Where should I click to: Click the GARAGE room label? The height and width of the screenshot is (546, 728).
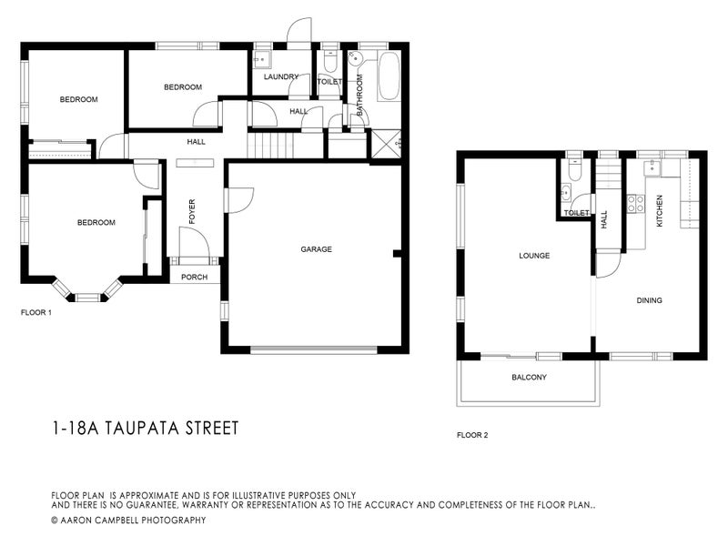(x=316, y=249)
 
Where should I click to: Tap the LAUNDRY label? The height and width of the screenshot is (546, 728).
(x=281, y=77)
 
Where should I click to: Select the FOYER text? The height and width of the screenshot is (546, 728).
(x=192, y=211)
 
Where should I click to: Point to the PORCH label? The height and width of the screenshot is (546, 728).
(x=193, y=278)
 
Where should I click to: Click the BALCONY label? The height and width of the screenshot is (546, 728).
(x=529, y=378)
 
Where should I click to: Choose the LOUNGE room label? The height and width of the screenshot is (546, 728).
(x=534, y=256)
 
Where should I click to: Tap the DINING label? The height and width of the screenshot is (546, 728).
(x=649, y=300)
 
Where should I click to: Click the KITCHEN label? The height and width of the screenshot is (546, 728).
(x=660, y=211)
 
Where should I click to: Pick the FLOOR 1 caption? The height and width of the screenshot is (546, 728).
(x=36, y=312)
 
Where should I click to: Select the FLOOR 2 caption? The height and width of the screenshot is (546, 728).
(x=472, y=435)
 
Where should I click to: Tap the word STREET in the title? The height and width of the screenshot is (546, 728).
(x=213, y=428)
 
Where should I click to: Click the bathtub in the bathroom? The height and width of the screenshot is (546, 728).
(x=388, y=76)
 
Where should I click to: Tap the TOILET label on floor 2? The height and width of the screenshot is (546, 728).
(x=576, y=213)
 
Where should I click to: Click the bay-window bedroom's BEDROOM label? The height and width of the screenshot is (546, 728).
(x=96, y=223)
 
